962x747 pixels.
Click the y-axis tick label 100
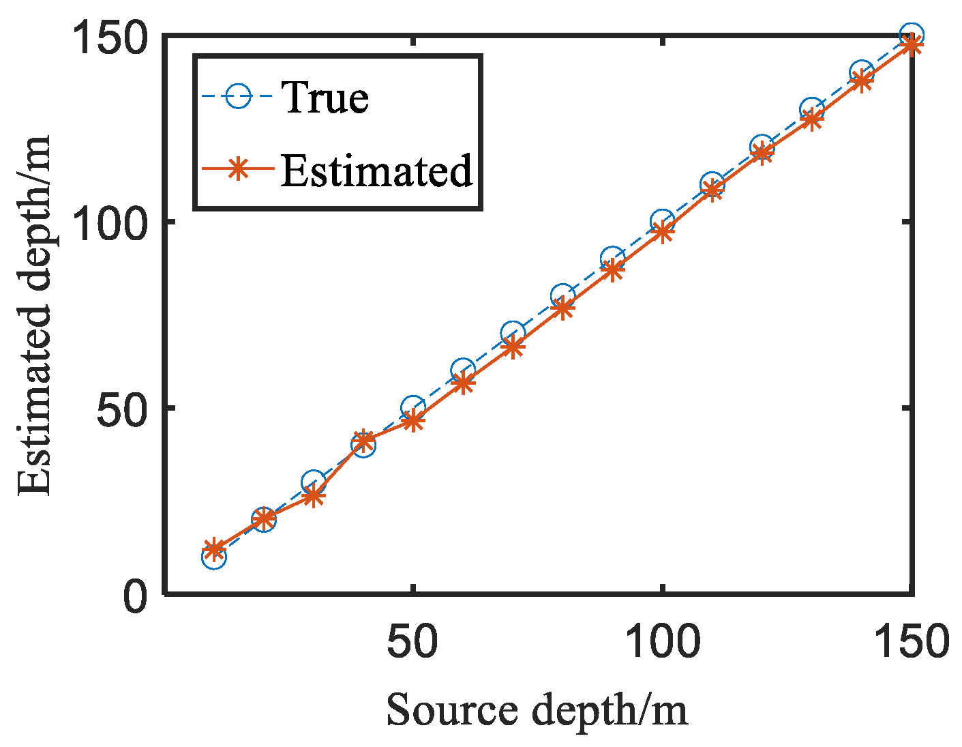coord(110,222)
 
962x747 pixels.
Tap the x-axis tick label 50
coord(412,643)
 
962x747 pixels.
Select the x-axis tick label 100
coord(661,643)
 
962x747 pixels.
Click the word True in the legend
coord(325,97)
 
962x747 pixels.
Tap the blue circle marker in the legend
coord(238,97)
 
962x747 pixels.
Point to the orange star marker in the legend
coord(238,169)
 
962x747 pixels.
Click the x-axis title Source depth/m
coord(537,711)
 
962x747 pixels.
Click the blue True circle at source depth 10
coord(214,557)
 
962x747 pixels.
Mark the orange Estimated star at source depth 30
coord(314,496)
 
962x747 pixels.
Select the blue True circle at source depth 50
coord(412,408)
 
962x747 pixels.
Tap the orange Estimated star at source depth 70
coord(513,348)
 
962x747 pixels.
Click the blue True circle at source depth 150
coord(911,35)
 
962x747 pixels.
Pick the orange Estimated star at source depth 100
coord(662,233)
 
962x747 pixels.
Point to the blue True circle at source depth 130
coord(811,110)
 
